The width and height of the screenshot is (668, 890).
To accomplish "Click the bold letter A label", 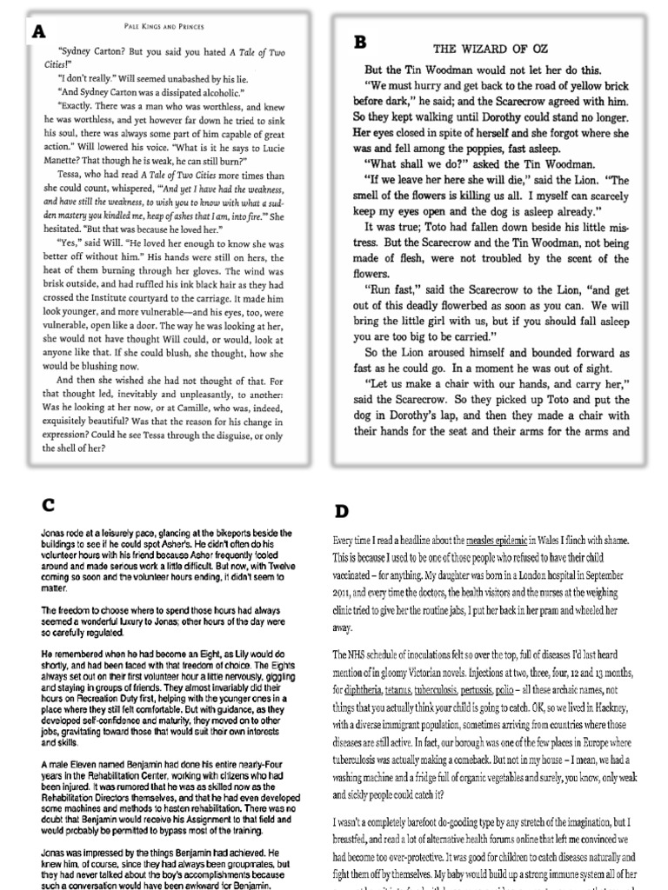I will point(38,32).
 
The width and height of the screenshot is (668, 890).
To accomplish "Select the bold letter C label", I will point(50,504).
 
